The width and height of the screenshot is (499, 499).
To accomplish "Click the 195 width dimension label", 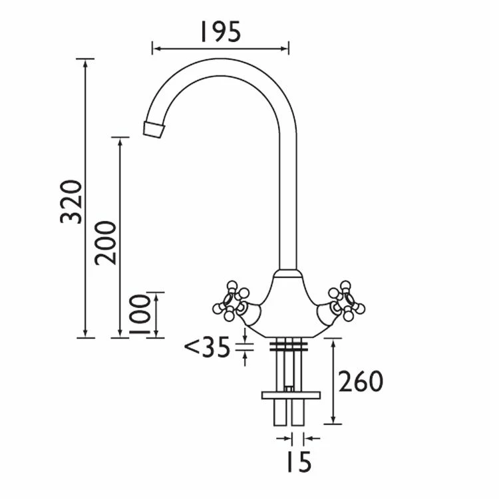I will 220,31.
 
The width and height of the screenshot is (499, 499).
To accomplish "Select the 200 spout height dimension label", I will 106,242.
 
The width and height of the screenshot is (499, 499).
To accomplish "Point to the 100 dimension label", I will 140,315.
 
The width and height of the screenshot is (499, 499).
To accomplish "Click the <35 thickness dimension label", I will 207,347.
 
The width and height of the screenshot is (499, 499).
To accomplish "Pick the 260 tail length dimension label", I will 361,381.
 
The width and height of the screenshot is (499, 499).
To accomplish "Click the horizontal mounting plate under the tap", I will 291,395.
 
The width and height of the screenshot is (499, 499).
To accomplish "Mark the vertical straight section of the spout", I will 288,200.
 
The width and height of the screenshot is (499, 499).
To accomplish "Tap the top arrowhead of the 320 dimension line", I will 85,62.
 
